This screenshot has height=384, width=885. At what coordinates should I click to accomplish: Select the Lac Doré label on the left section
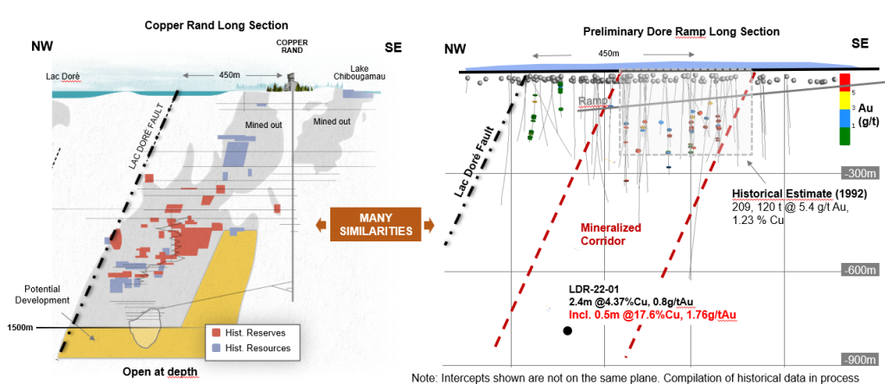pyautogui.click(x=63, y=76)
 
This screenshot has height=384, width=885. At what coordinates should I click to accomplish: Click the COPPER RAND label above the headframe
pyautogui.click(x=291, y=45)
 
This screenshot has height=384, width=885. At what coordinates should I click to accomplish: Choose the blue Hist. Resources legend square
pyautogui.click(x=215, y=349)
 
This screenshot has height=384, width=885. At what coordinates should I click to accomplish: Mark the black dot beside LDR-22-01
pyautogui.click(x=567, y=330)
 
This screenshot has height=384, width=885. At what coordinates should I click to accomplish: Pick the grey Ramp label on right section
pyautogui.click(x=592, y=101)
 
